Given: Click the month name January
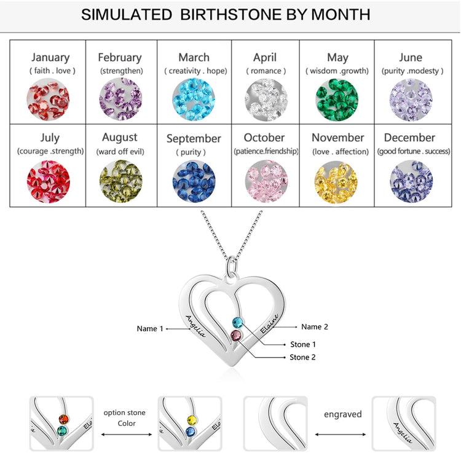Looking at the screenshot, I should [x=50, y=58].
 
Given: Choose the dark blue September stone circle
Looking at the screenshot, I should [x=194, y=181].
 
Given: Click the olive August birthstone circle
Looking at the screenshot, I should [x=120, y=181].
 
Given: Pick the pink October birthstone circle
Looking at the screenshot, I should [x=266, y=181].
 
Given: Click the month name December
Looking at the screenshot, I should [x=410, y=138].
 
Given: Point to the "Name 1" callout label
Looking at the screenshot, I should [x=151, y=329].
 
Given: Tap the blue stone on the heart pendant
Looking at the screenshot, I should [x=237, y=321].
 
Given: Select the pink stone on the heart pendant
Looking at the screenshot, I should [x=235, y=335].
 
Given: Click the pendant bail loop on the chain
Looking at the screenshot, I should [x=232, y=266].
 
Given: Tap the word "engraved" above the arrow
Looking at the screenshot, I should [x=342, y=414].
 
